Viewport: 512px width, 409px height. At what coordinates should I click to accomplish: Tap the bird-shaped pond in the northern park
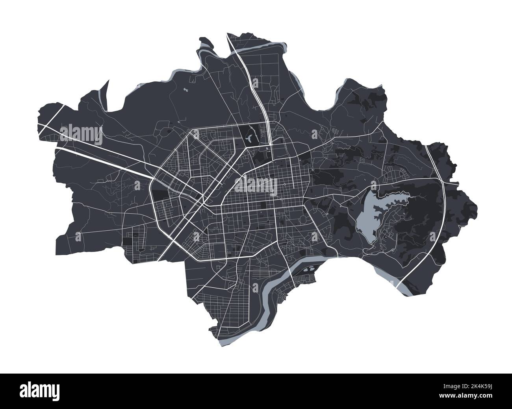coord(250,137)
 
